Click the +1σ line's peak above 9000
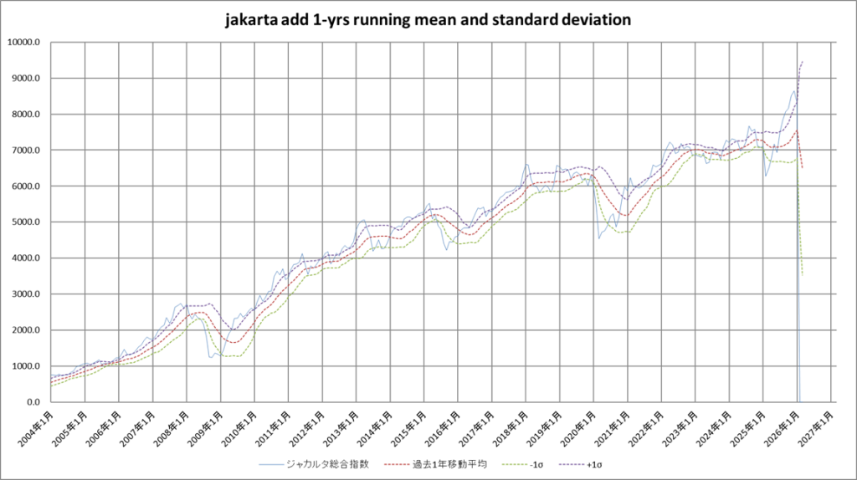(x=802, y=62)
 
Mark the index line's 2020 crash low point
(x=599, y=238)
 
